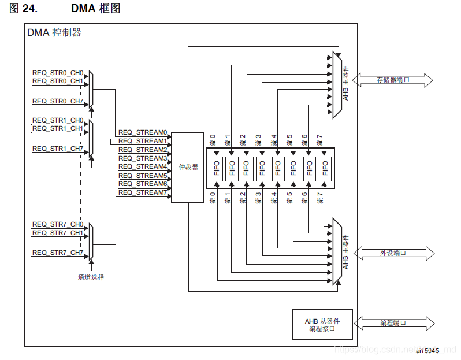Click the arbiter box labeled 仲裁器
tap(187, 167)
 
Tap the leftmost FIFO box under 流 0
tap(216, 168)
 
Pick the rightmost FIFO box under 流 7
tap(325, 168)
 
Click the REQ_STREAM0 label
tap(143, 132)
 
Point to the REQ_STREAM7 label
tap(143, 192)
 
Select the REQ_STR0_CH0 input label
tap(58, 73)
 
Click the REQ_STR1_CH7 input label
tap(58, 149)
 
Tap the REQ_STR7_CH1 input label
tap(58, 233)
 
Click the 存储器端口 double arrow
tap(392, 80)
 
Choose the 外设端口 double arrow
tap(392, 253)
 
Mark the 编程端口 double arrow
tap(392, 323)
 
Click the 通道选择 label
tap(91, 277)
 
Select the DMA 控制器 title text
tap(54, 33)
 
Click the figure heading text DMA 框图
tap(96, 9)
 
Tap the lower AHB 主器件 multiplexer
tap(337, 252)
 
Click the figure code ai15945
tap(427, 351)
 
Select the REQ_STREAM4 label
tap(143, 166)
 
